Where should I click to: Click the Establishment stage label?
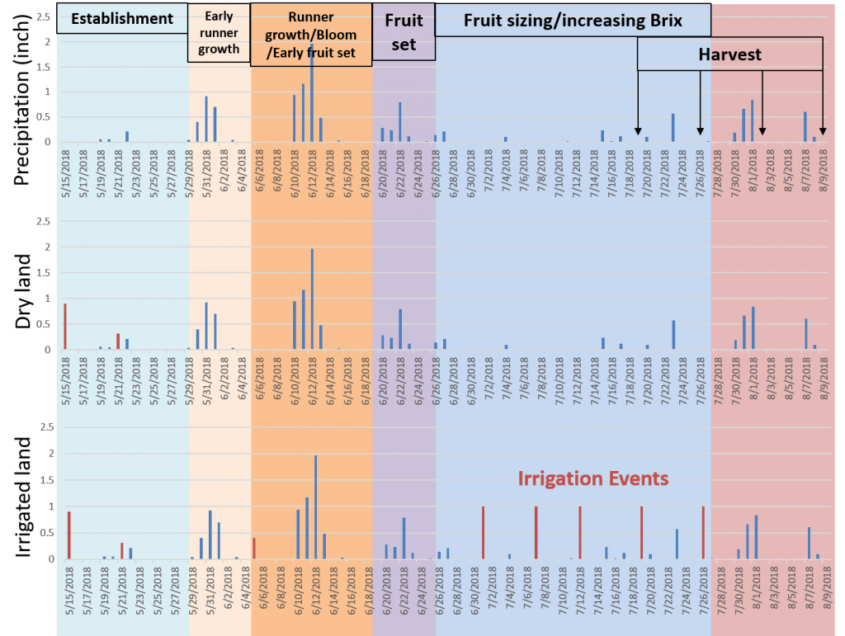point(122,19)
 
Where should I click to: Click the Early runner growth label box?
point(219,33)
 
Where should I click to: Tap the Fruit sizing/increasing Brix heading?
point(573,21)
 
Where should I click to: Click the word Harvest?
point(729,55)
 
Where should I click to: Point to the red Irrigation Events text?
point(592,478)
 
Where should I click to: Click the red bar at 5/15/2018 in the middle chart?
point(65,327)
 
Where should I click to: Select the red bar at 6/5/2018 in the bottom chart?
point(254,549)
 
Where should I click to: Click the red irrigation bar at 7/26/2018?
point(703,533)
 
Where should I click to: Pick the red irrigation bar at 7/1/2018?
point(483,533)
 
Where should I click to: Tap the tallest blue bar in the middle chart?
point(312,299)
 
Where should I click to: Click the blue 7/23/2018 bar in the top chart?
point(673,128)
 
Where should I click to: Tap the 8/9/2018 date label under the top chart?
point(824,170)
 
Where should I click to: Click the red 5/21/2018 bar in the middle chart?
point(118,342)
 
